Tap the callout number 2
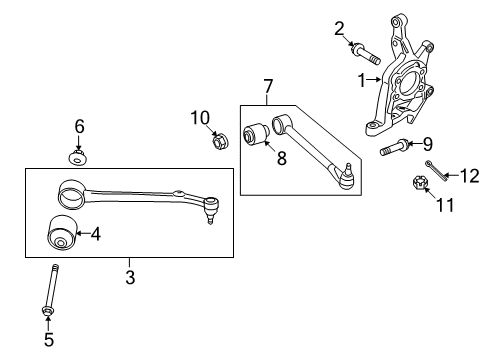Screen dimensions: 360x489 click(339, 27)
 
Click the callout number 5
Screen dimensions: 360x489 click(50, 339)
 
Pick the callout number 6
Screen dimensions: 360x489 click(79, 127)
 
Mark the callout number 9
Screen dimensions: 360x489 click(427, 143)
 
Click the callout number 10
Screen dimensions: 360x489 click(198, 118)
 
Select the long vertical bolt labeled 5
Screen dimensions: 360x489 click(49, 300)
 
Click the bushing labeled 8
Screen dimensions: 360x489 click(254, 133)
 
